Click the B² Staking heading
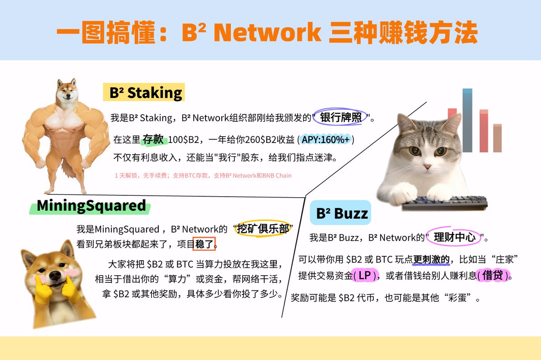point(146,92)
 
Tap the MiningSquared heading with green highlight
point(91,206)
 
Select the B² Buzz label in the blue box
point(342,213)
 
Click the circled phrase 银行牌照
point(340,117)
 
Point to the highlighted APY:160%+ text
point(326,140)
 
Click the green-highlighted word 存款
point(153,139)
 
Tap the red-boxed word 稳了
point(204,244)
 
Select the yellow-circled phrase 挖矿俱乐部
point(263,229)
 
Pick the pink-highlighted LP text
point(365,275)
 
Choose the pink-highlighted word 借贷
point(493,275)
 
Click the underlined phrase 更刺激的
point(431,259)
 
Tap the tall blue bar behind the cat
point(468,120)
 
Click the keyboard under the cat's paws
point(445,203)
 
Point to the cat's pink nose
point(427,166)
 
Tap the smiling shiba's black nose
point(55,276)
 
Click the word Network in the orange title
point(267,32)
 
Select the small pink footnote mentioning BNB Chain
point(203,175)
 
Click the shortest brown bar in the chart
point(498,138)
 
